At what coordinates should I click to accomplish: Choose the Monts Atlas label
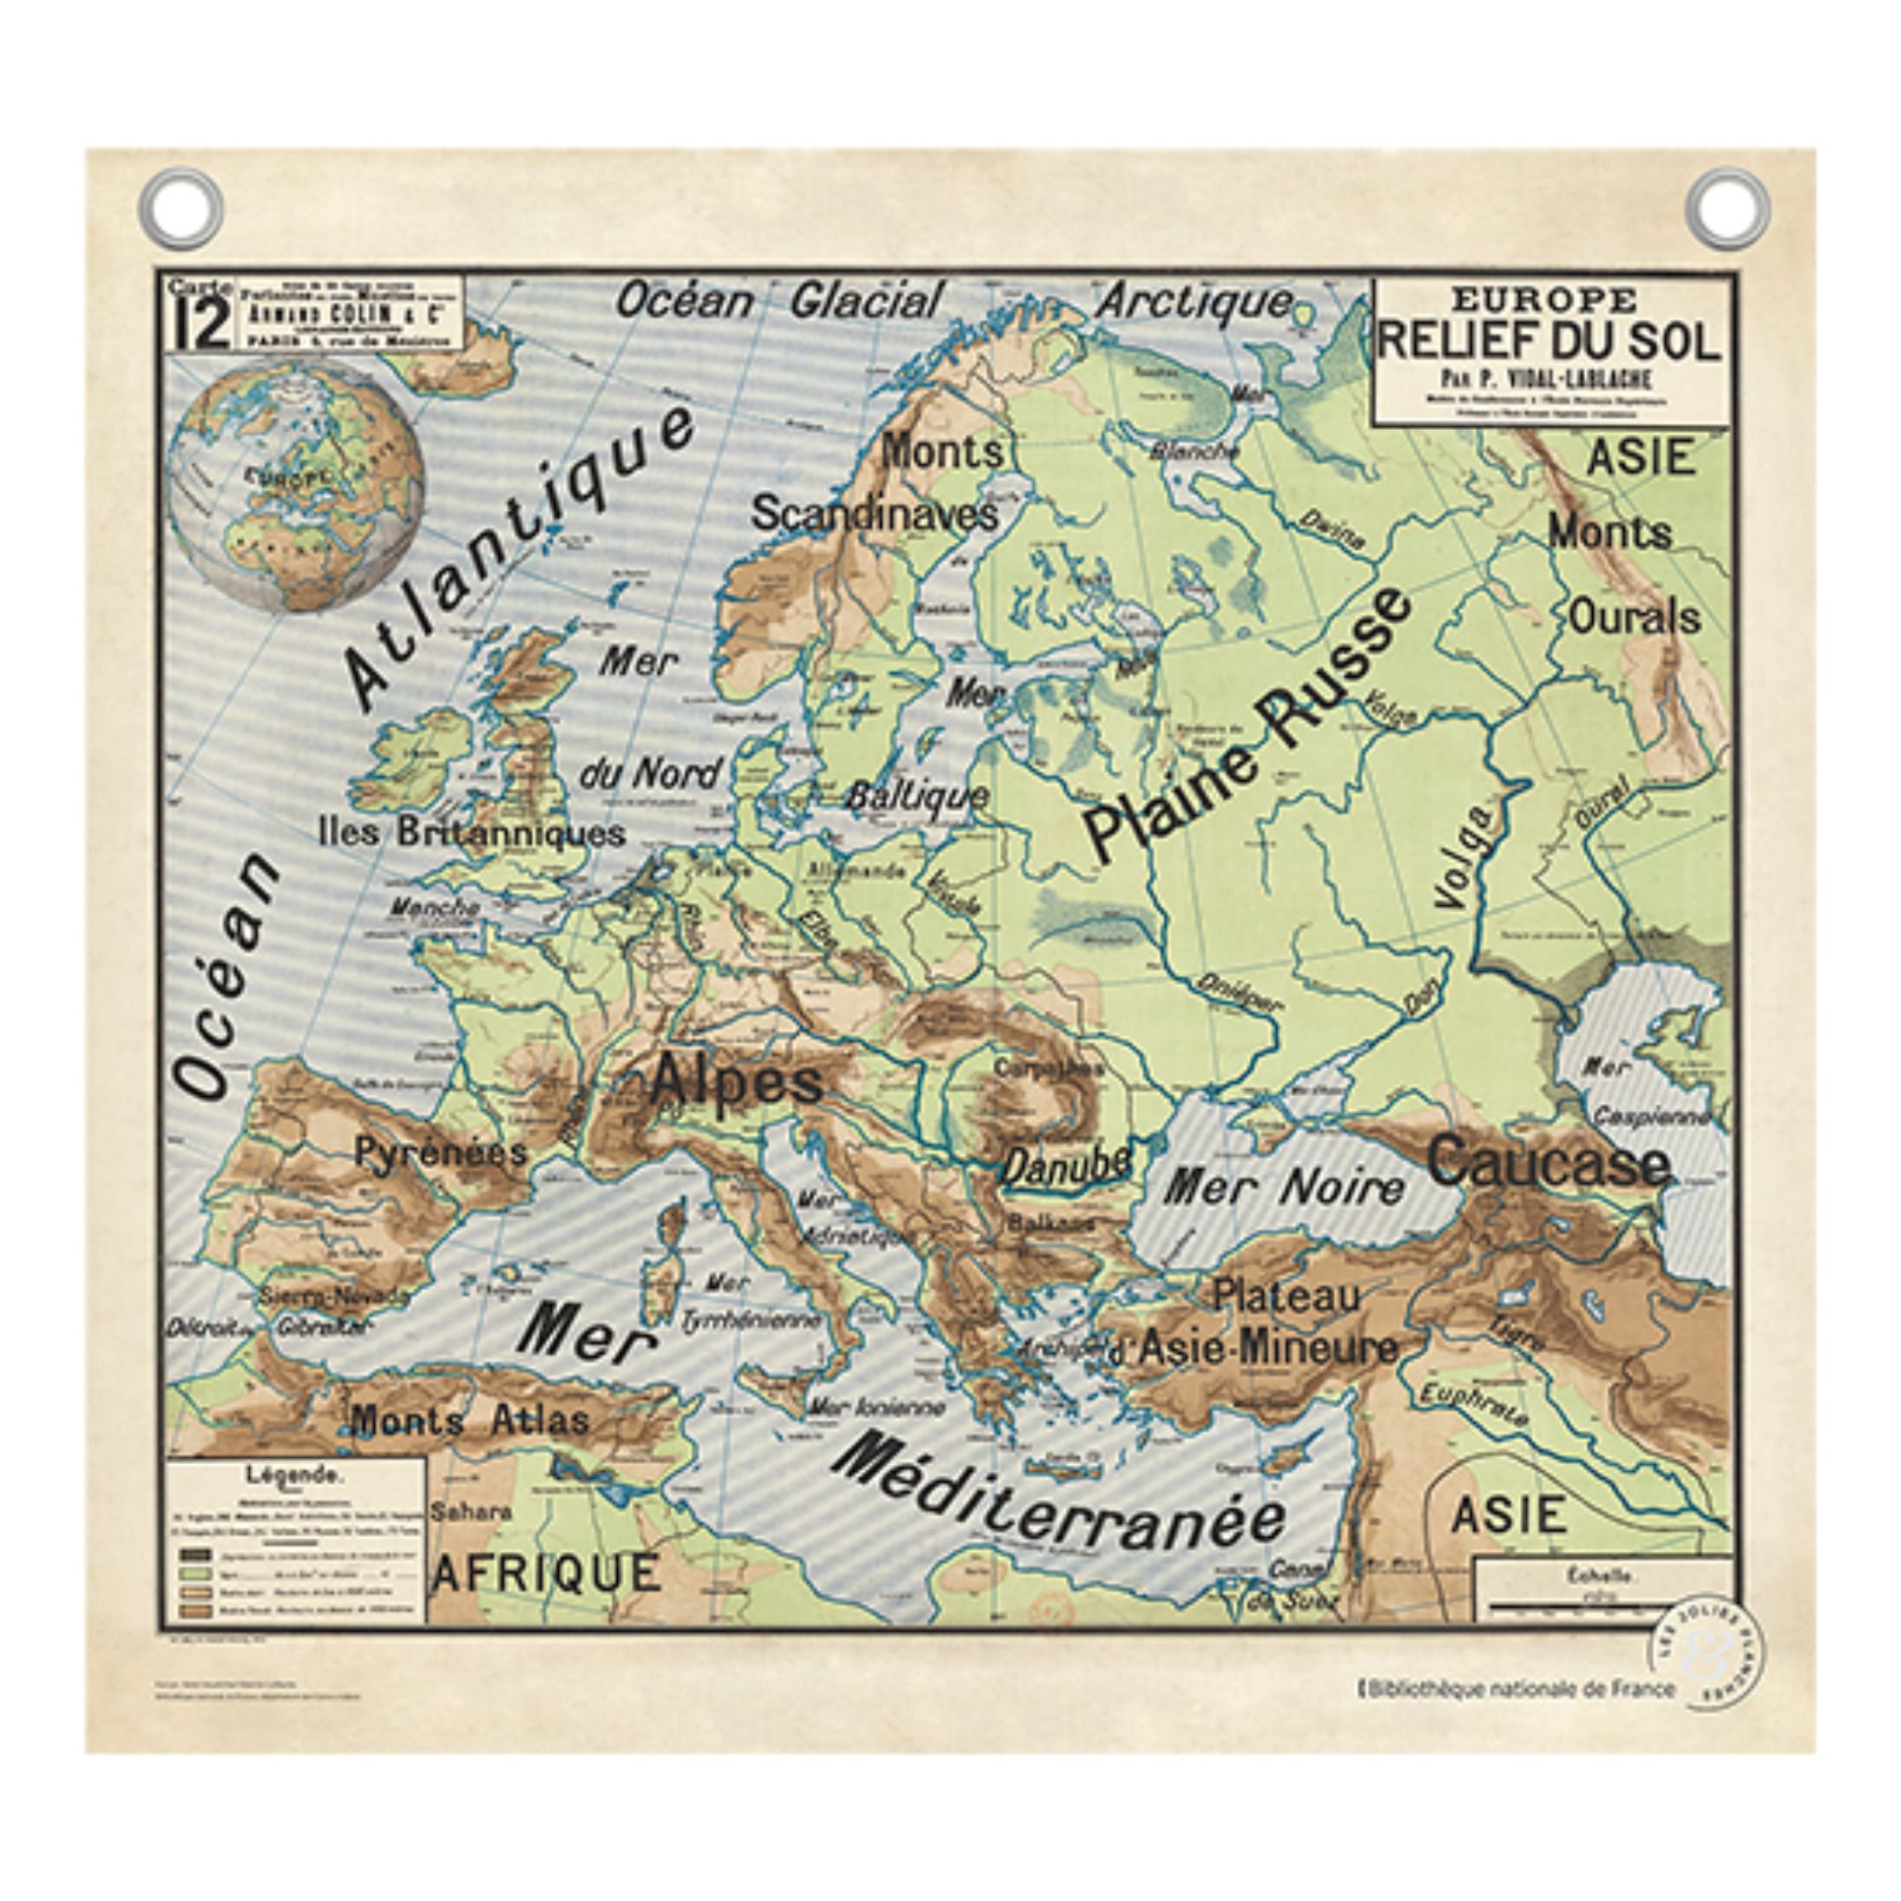tap(470, 1420)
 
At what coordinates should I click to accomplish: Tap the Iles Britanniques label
tap(472, 834)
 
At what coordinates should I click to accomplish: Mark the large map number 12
tap(202, 325)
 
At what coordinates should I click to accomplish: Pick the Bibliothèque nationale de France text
tap(1522, 1689)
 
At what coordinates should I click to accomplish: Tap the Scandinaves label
tap(874, 514)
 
